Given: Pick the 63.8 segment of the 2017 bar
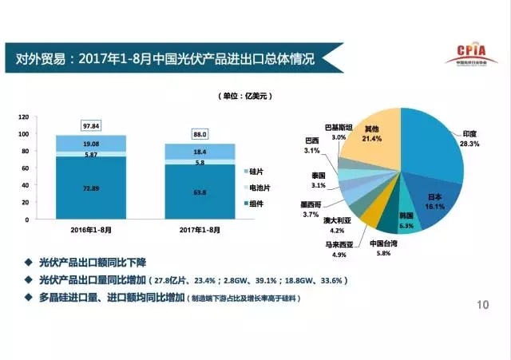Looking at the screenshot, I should (200, 191).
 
